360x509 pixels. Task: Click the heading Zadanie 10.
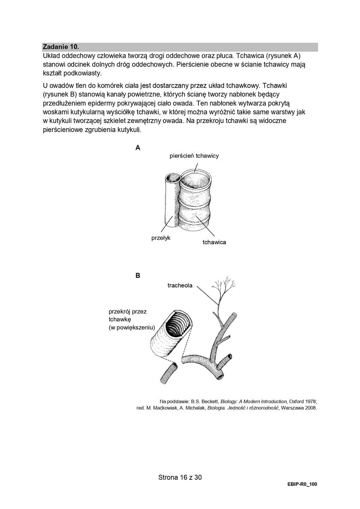(x=61, y=46)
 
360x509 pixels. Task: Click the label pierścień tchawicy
(x=194, y=156)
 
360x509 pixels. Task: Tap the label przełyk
(x=161, y=238)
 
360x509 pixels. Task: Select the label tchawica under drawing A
(x=214, y=242)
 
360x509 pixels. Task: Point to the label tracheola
(x=180, y=286)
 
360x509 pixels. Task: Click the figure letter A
(x=138, y=148)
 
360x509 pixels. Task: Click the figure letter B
(x=138, y=276)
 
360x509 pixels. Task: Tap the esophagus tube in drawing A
(x=171, y=202)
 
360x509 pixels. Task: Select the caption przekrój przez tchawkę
(x=128, y=316)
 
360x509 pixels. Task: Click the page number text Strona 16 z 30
(x=180, y=477)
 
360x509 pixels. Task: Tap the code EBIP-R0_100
(x=302, y=484)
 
